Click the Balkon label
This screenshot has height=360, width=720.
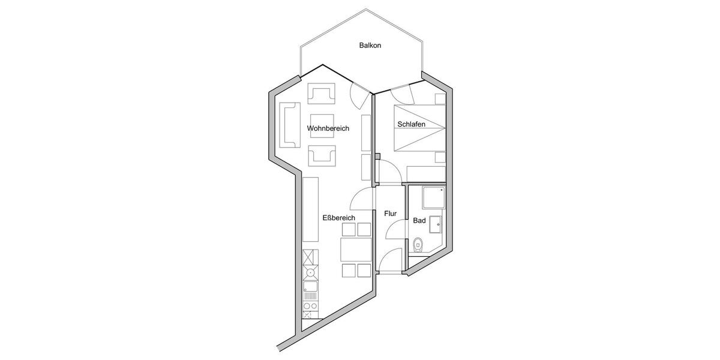pos(370,46)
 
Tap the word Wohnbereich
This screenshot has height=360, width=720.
pos(328,128)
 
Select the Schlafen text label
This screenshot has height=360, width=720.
pos(411,125)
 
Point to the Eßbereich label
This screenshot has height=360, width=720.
pos(339,218)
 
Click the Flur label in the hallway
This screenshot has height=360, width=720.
pos(391,213)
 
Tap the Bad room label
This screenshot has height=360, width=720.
pos(419,221)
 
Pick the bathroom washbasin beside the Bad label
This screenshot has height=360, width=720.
pos(435,224)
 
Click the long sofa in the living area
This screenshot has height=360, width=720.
pos(290,124)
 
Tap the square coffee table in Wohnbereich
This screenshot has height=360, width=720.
pos(322,126)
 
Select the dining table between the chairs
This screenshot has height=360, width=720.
pos(356,249)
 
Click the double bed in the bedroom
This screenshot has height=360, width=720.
pos(419,128)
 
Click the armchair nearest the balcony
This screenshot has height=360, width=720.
pos(322,93)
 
